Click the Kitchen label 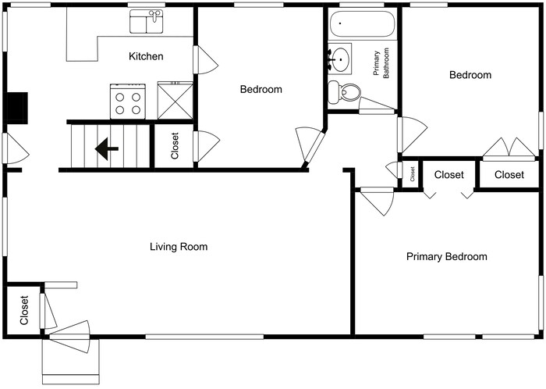pos(146,56)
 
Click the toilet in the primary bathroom pos(344,92)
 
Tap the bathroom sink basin pos(340,58)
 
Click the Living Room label pos(179,247)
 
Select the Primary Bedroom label pos(446,256)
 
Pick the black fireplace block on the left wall pos(16,107)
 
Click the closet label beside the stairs pos(175,145)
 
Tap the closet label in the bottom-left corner pos(24,310)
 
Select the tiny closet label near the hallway pos(412,174)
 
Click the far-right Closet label pos(509,175)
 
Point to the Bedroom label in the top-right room pos(470,75)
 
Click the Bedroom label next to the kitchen pos(261,90)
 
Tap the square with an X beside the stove pos(175,101)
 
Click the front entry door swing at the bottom pos(70,336)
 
